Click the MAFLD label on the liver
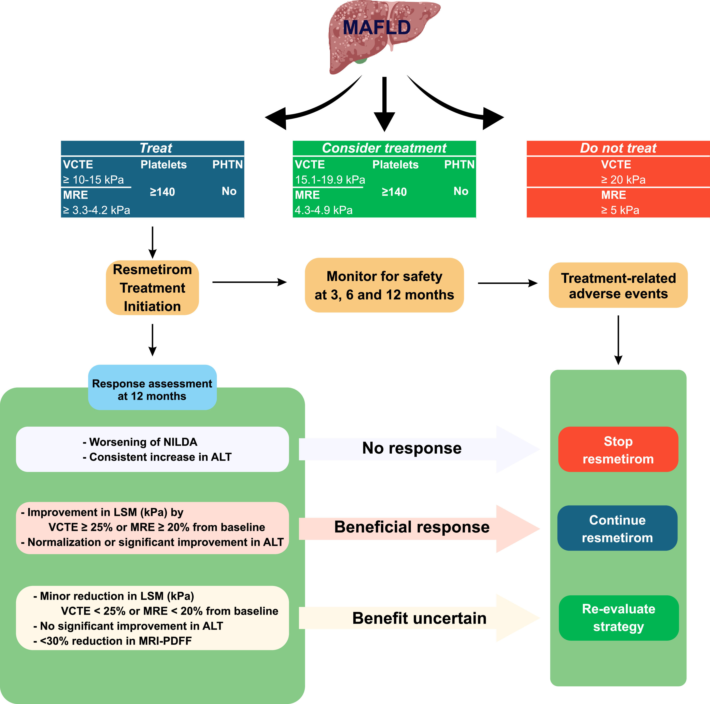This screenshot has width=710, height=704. pyautogui.click(x=377, y=28)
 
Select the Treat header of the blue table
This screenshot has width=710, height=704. pyautogui.click(x=156, y=148)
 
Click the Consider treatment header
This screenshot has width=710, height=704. pyautogui.click(x=384, y=148)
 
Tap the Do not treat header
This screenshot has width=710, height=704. pyautogui.click(x=618, y=148)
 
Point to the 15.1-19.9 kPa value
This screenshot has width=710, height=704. pyautogui.click(x=330, y=180)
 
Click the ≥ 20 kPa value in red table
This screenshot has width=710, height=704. pyautogui.click(x=623, y=180)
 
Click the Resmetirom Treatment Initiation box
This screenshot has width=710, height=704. pyautogui.click(x=152, y=288)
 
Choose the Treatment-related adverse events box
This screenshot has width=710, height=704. pyautogui.click(x=618, y=285)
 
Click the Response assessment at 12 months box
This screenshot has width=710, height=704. pyautogui.click(x=152, y=387)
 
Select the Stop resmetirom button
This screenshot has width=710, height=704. pyautogui.click(x=618, y=449)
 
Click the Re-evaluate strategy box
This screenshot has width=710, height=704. pyautogui.click(x=619, y=618)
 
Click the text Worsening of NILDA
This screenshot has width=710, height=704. pyautogui.click(x=143, y=442)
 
